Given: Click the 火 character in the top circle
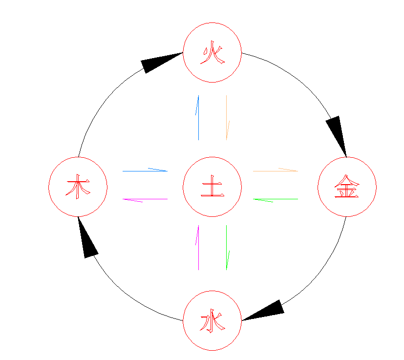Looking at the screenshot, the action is (x=213, y=53).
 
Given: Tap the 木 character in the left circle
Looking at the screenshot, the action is (x=78, y=187).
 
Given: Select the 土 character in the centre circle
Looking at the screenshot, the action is (x=213, y=186).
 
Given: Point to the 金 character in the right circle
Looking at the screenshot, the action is (x=347, y=186).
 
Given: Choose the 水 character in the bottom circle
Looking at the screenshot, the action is (x=213, y=320).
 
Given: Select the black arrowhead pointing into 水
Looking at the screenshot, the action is (x=265, y=311).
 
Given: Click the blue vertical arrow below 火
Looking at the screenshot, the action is (x=198, y=118).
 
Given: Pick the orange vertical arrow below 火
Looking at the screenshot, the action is (x=227, y=118).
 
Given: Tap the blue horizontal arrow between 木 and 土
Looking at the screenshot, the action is (x=145, y=171).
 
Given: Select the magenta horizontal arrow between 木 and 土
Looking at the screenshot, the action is (x=145, y=199).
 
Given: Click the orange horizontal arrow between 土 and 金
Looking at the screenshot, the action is (x=276, y=171).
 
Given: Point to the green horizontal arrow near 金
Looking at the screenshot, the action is (x=276, y=199).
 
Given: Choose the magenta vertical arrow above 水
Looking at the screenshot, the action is (x=198, y=248).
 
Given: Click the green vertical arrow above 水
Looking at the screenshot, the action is (x=227, y=248).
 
